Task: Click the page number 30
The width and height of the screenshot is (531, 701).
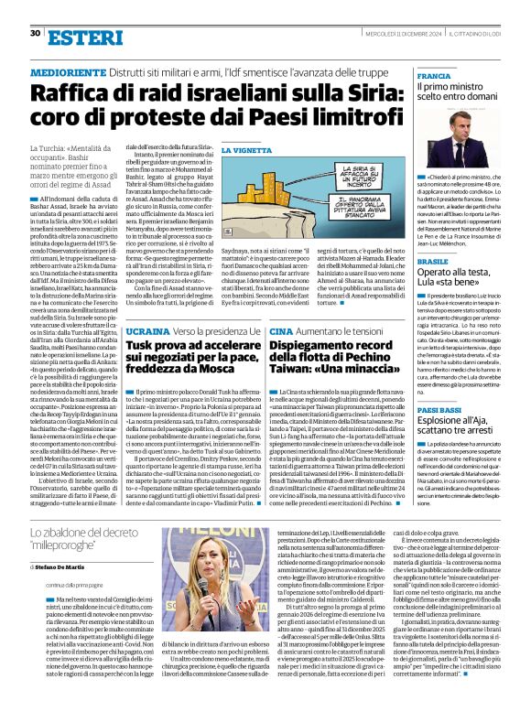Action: tap(35, 33)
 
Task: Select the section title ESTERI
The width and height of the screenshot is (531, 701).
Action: tap(81, 38)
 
